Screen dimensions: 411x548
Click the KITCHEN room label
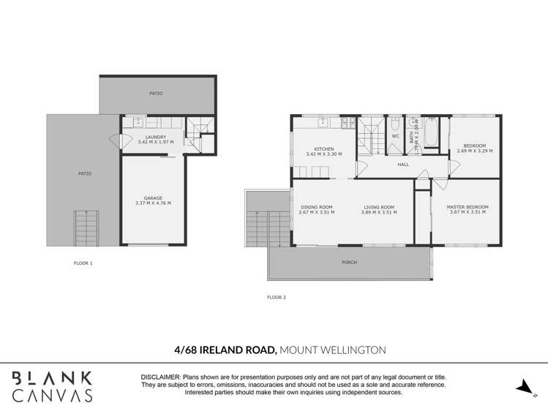[324, 149]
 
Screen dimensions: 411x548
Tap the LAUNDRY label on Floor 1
[155, 137]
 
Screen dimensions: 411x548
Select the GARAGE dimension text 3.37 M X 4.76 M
[153, 203]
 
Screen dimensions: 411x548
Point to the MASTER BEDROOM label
[468, 207]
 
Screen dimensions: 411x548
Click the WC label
[395, 136]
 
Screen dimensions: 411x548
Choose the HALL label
[403, 165]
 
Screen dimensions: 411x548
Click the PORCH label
[349, 262]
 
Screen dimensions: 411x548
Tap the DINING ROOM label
[317, 207]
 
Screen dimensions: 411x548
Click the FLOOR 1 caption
[83, 262]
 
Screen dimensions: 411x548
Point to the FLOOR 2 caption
[277, 297]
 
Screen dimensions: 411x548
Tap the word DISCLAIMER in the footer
[161, 376]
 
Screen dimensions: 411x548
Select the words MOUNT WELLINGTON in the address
[333, 350]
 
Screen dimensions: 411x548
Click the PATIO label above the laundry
[156, 94]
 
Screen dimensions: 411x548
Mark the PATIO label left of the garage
[85, 173]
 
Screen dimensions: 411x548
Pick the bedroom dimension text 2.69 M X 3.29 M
[475, 151]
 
